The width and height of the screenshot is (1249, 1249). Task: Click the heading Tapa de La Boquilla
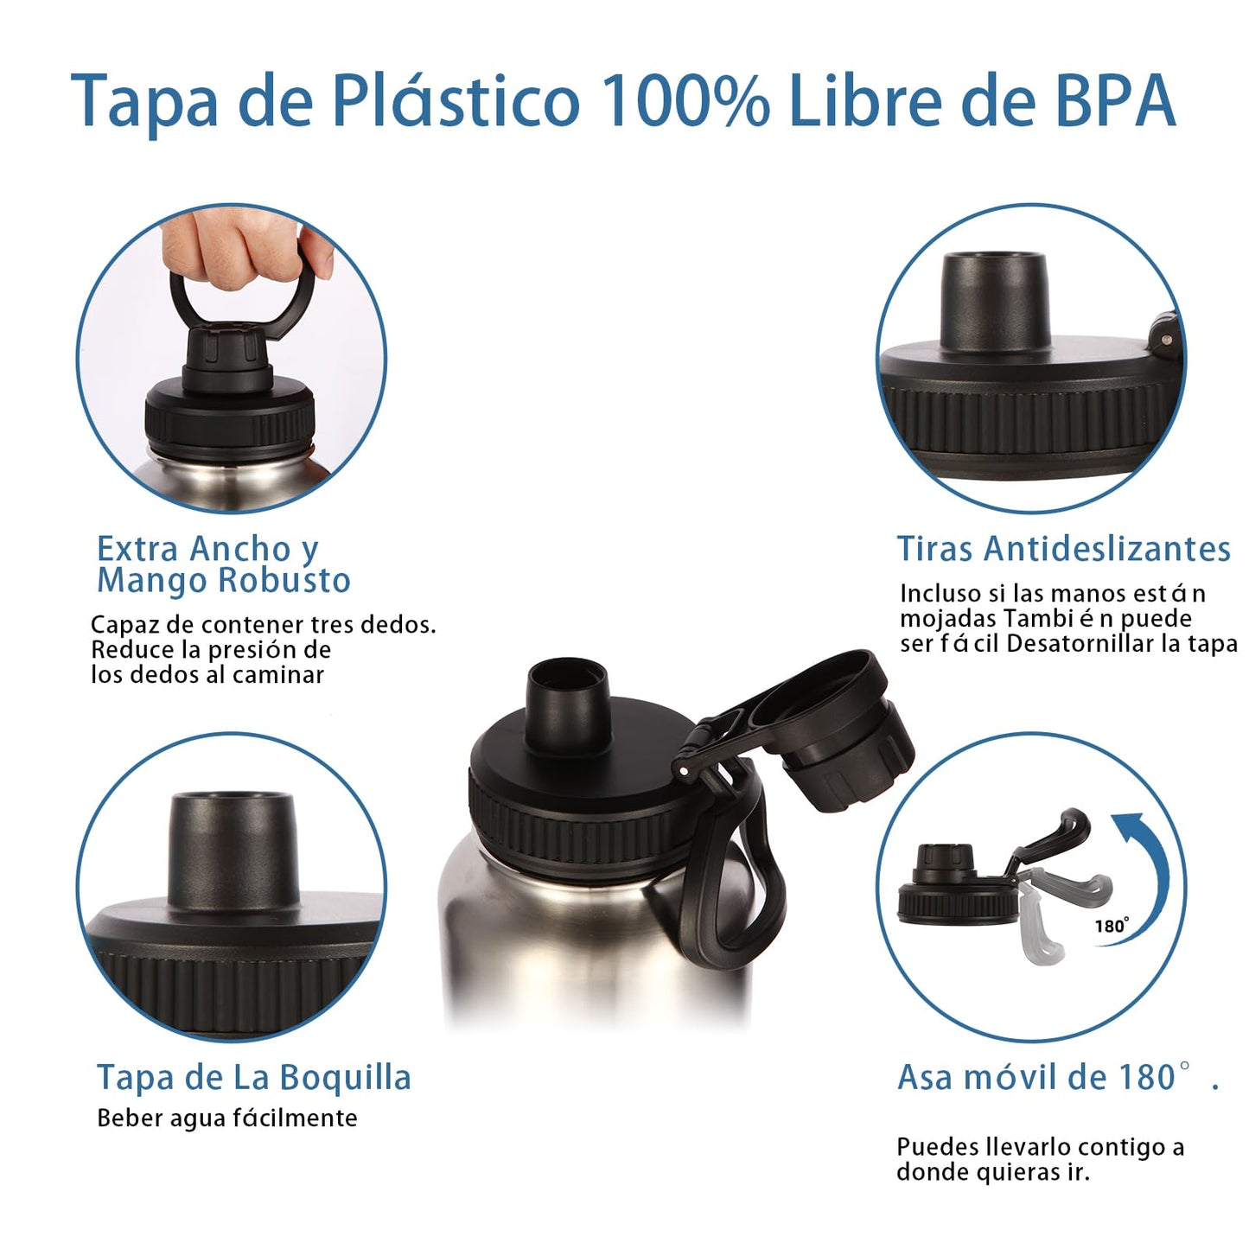tap(254, 1078)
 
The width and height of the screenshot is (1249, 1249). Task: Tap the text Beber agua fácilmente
tap(226, 1118)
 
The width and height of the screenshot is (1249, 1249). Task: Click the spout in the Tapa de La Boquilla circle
tap(233, 849)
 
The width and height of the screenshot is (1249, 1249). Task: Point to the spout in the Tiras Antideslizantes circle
tap(994, 302)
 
